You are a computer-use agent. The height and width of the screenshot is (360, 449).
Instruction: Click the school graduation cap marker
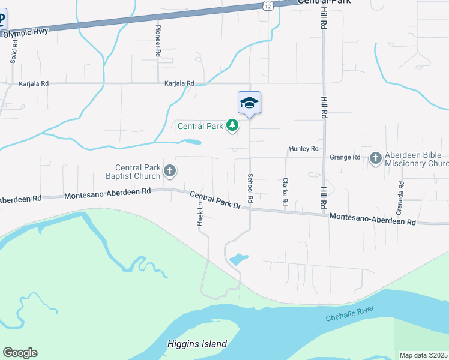[249, 103]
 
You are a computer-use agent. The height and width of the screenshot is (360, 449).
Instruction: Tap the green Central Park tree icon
[232, 126]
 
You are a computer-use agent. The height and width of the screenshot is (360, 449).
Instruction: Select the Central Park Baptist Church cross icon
[170, 172]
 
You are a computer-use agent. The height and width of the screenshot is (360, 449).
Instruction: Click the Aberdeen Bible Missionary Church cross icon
[376, 158]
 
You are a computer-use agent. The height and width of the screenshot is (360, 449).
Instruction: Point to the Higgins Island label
[197, 344]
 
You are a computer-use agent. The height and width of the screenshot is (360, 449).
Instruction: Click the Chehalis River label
[350, 312]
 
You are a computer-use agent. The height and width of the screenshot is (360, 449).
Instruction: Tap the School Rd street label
[250, 187]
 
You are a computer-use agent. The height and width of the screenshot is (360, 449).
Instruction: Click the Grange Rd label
[345, 157]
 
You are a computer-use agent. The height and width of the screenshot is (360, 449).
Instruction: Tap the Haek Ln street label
[200, 214]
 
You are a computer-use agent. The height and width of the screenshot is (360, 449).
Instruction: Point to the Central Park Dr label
[215, 200]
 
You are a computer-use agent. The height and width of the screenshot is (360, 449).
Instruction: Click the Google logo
[20, 353]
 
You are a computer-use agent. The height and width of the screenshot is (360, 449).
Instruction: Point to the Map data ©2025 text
[423, 355]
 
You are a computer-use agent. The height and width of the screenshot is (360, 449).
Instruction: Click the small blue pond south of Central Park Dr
[238, 259]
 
